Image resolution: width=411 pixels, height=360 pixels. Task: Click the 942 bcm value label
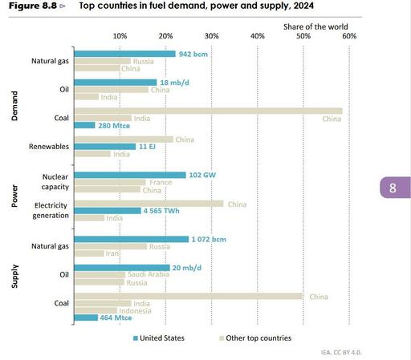[x=193, y=54]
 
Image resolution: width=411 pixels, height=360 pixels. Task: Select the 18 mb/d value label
[x=173, y=82]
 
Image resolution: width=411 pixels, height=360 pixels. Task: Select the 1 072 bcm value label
[x=213, y=239]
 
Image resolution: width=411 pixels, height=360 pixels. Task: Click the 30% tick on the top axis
[x=211, y=37]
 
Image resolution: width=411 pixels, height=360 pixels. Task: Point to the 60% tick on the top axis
[x=348, y=37]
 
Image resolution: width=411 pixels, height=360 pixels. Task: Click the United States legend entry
[x=157, y=338]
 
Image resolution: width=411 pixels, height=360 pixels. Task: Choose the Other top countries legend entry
[x=254, y=338]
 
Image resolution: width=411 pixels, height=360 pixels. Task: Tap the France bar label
[x=161, y=183]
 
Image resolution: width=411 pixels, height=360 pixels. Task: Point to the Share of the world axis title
[x=316, y=26]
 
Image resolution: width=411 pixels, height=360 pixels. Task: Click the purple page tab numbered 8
[x=393, y=189]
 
